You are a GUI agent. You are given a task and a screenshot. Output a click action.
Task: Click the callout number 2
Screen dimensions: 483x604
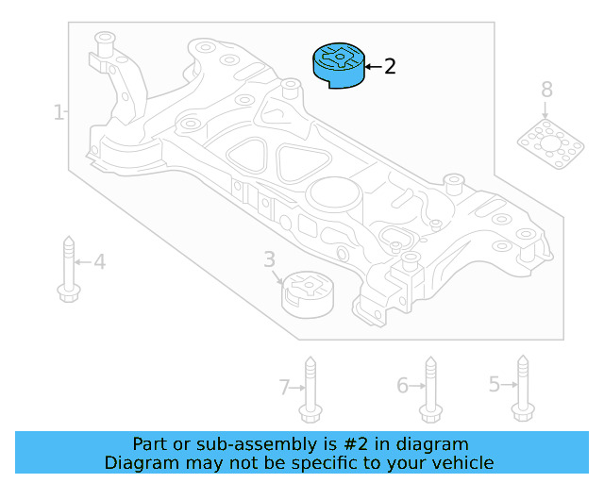(390, 67)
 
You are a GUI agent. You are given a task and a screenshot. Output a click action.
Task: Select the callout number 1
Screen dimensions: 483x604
(59, 113)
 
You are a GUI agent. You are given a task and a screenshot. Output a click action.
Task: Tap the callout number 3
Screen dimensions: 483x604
(269, 258)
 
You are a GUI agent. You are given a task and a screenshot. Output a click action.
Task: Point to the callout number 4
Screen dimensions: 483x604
(99, 261)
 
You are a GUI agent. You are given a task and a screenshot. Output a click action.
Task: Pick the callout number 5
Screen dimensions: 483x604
(494, 384)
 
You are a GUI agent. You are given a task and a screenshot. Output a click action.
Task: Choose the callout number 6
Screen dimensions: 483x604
(402, 385)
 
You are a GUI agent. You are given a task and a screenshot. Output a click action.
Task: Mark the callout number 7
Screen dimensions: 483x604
(284, 386)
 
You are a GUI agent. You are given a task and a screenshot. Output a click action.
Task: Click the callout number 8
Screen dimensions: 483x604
(546, 91)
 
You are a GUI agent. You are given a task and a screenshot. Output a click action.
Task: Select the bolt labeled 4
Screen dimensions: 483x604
(67, 268)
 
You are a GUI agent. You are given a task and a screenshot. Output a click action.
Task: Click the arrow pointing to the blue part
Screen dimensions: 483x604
(371, 67)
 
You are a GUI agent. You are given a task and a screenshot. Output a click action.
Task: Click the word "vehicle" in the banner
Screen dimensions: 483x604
(462, 462)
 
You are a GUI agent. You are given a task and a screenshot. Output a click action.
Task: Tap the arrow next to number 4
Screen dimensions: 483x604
(83, 261)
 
